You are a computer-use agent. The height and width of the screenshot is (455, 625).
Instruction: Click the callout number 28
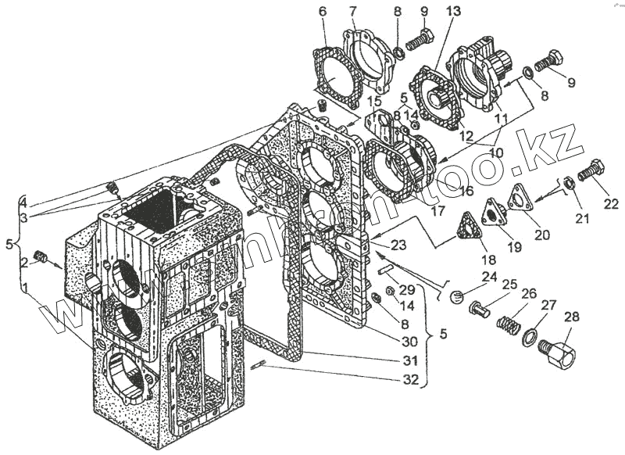[572, 318]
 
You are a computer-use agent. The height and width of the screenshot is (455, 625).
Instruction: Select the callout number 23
[399, 245]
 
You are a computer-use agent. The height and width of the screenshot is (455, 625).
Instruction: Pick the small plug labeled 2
[41, 257]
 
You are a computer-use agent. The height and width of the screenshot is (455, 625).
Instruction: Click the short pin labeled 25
[480, 310]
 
